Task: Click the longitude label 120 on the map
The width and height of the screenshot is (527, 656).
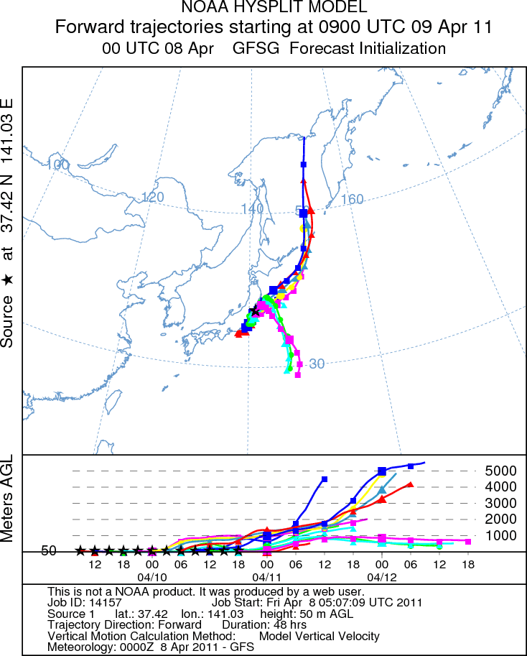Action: (153, 197)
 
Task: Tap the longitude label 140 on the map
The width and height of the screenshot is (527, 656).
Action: (253, 208)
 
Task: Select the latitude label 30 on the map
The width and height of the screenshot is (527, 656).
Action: (317, 364)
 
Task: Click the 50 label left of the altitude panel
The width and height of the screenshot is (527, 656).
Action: (49, 551)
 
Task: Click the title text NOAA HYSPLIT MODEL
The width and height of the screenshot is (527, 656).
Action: (264, 9)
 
